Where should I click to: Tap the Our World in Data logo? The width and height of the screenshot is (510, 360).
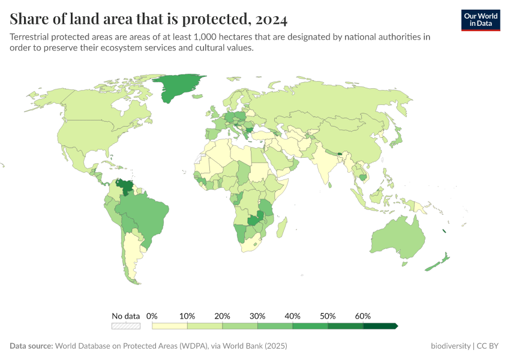[481, 20]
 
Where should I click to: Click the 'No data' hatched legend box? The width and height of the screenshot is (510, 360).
[126, 326]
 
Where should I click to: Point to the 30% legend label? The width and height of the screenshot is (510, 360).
[257, 316]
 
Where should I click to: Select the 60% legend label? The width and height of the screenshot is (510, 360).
[363, 316]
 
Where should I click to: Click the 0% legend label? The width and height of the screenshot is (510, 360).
[152, 316]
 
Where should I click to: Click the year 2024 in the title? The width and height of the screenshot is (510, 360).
[271, 19]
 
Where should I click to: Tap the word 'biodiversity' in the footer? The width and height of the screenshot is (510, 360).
[451, 346]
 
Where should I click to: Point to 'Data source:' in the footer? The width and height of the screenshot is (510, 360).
[31, 346]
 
